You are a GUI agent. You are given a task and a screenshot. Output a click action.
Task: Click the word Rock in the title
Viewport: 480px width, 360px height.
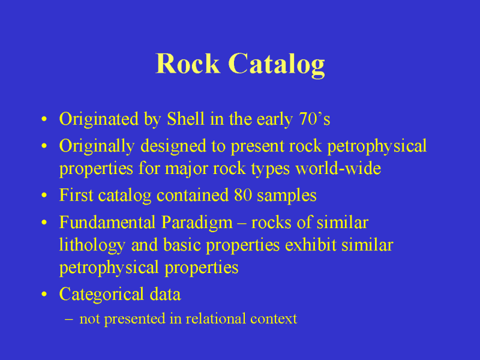pyautogui.click(x=188, y=64)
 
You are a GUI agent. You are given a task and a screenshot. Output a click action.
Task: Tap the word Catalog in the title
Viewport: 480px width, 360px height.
pyautogui.click(x=277, y=65)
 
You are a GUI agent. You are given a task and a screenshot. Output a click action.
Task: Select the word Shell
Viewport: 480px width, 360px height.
pyautogui.click(x=185, y=119)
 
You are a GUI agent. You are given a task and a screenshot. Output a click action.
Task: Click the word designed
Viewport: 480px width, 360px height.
pyautogui.click(x=173, y=146)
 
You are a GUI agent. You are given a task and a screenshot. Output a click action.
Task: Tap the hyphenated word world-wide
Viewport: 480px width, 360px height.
pyautogui.click(x=338, y=168)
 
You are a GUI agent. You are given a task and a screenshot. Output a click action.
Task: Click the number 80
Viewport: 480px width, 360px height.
pyautogui.click(x=243, y=196)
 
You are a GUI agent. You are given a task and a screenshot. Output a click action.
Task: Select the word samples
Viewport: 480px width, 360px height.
pyautogui.click(x=287, y=196)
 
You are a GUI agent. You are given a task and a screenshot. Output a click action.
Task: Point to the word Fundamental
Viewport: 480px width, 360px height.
pyautogui.click(x=107, y=222)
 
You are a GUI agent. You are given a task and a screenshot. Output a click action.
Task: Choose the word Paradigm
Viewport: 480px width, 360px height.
pyautogui.click(x=197, y=223)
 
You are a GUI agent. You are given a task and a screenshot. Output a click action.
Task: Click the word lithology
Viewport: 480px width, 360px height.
pyautogui.click(x=92, y=245)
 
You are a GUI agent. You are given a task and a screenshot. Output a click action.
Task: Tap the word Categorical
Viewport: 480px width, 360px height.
pyautogui.click(x=101, y=295)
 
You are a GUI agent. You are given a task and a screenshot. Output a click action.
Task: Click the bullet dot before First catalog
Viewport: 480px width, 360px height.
pyautogui.click(x=44, y=196)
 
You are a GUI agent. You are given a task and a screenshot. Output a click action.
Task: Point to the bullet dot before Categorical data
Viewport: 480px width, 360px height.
pyautogui.click(x=44, y=295)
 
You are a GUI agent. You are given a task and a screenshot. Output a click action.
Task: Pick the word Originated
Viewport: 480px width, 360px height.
pyautogui.click(x=99, y=119)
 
